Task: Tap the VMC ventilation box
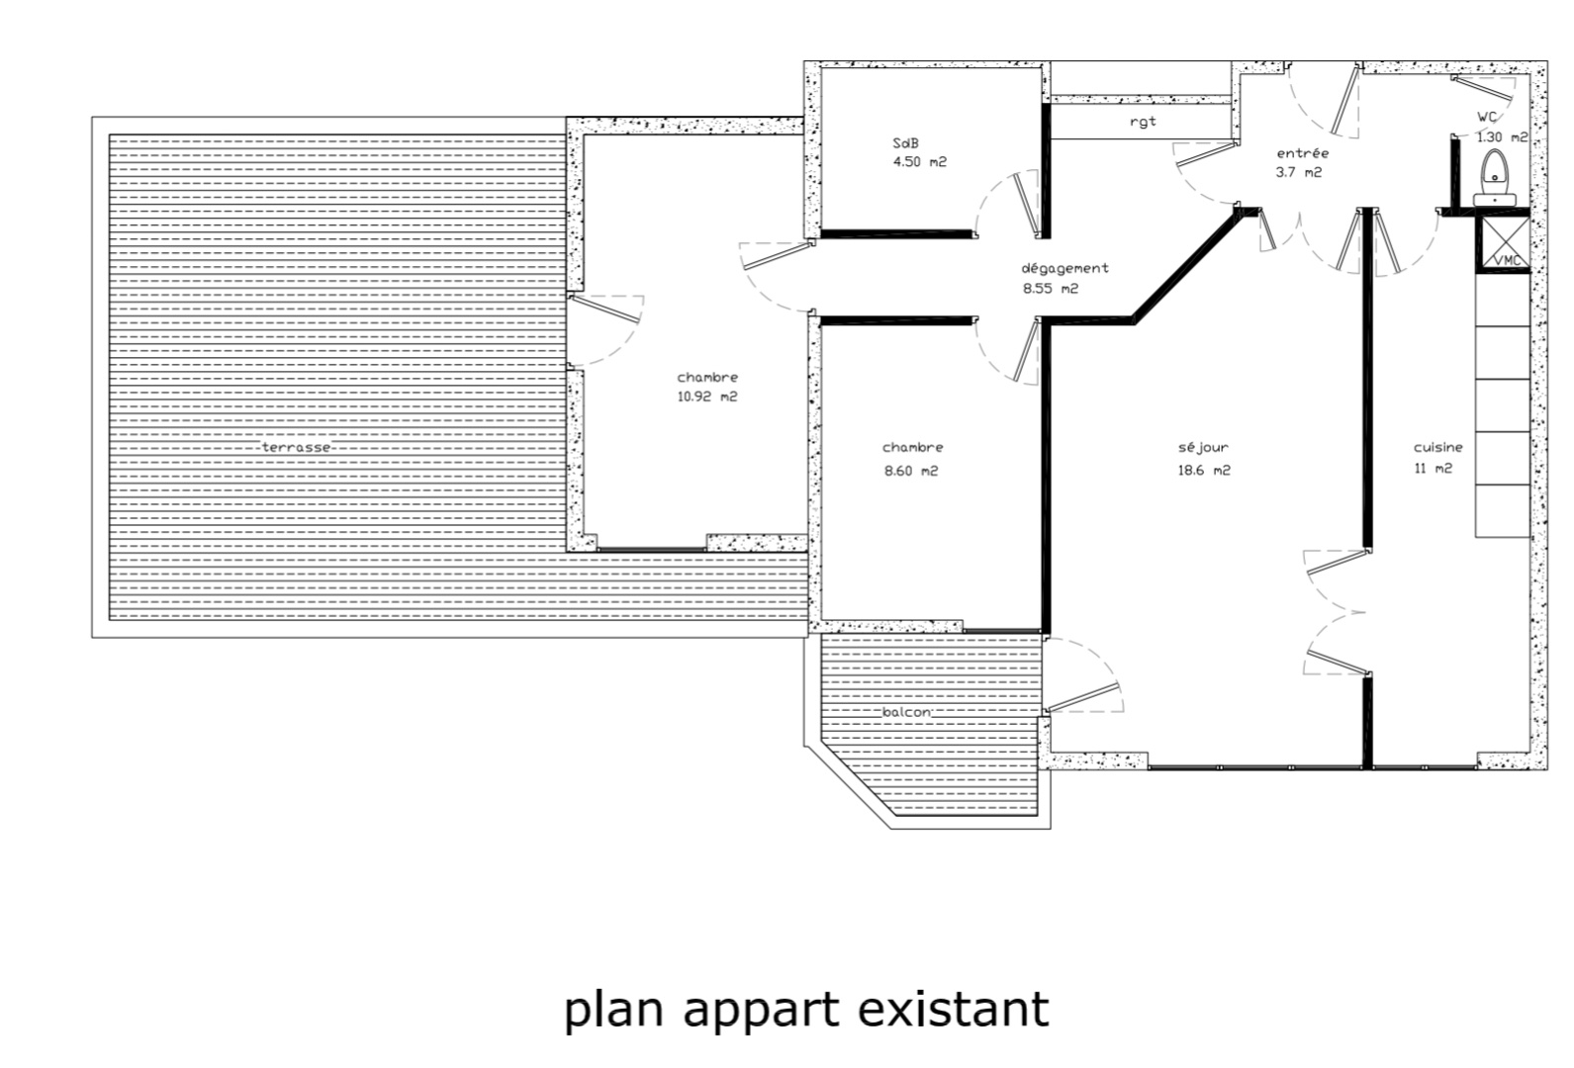tap(1505, 243)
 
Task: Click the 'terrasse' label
tap(296, 447)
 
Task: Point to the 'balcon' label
tap(906, 712)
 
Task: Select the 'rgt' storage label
tap(1143, 122)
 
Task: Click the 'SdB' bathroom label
tap(906, 142)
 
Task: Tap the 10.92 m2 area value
tap(707, 396)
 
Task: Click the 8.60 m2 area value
tap(911, 471)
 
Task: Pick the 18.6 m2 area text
tap(1204, 470)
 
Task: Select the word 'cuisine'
tap(1437, 447)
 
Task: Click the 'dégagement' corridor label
tap(1065, 268)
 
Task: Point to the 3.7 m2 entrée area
tap(1299, 172)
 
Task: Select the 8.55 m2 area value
tap(1051, 289)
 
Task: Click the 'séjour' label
tap(1203, 448)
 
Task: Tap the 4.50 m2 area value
tap(919, 162)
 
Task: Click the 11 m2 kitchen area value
tap(1433, 469)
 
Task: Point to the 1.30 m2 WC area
tap(1502, 137)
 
